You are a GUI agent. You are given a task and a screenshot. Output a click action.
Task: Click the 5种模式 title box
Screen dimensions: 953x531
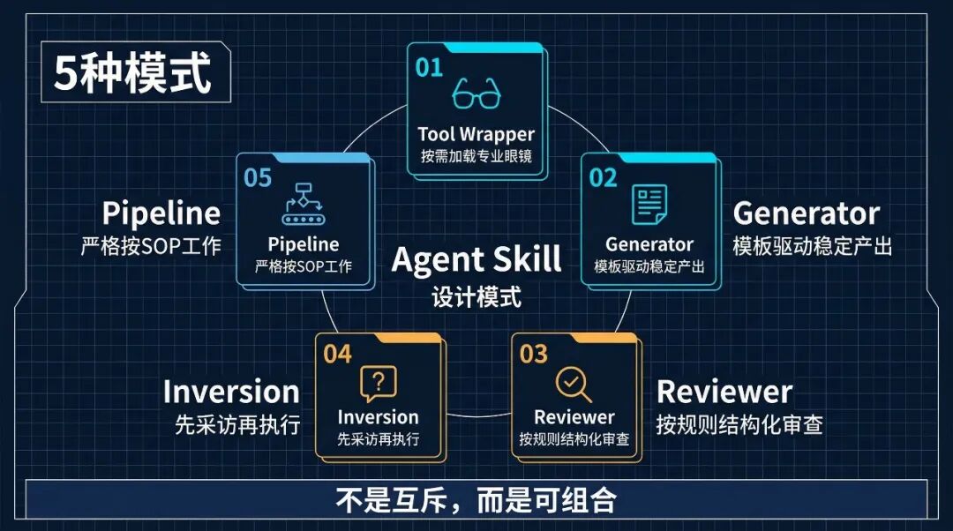click(134, 74)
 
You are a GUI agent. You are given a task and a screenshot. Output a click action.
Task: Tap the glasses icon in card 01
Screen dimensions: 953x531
click(476, 93)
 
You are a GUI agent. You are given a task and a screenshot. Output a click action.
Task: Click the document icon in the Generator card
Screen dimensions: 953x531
click(649, 205)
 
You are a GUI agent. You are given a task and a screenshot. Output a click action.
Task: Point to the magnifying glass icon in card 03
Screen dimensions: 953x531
click(574, 384)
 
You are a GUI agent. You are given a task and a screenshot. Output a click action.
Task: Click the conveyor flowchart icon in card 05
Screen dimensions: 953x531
click(303, 206)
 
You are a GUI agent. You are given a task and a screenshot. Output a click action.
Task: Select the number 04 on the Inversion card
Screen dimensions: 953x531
click(337, 355)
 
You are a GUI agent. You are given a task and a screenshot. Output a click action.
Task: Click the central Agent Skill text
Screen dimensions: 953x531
click(476, 259)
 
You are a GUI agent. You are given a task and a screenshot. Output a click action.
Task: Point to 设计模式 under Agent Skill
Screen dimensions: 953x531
click(476, 296)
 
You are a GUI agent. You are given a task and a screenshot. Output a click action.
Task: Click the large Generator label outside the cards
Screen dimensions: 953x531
click(807, 213)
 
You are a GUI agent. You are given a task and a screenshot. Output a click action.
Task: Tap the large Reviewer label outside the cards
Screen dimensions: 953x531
click(724, 392)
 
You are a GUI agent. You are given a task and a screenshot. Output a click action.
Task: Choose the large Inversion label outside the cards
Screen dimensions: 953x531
click(231, 392)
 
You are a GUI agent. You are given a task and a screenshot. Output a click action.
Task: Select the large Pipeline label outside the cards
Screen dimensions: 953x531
click(161, 213)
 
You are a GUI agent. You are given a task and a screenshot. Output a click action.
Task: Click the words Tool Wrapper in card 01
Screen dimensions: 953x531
click(476, 134)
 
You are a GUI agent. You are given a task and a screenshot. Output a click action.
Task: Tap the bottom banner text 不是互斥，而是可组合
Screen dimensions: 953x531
click(476, 501)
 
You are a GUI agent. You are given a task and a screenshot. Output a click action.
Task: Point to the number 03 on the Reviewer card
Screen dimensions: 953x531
click(534, 355)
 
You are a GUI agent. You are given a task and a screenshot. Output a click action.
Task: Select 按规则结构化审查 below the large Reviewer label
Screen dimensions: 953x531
click(739, 425)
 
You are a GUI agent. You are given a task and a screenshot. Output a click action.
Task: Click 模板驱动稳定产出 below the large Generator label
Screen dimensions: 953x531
click(812, 246)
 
